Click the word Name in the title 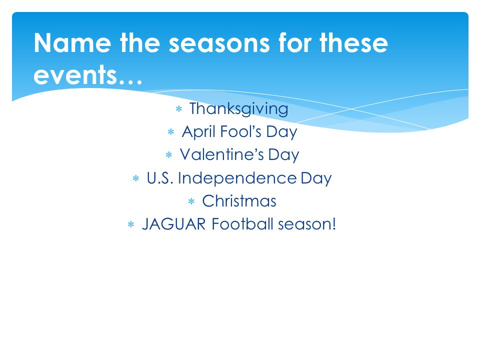click(x=72, y=43)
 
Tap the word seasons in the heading click(x=219, y=43)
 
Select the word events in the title click(x=75, y=74)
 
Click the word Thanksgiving click(x=239, y=109)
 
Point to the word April click(x=198, y=132)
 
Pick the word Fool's click(x=241, y=131)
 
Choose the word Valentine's click(x=222, y=154)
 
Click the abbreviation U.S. click(x=160, y=178)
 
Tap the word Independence click(x=237, y=178)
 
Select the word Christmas click(x=239, y=201)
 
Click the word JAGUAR click(x=174, y=224)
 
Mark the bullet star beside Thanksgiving click(x=179, y=108)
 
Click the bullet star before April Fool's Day click(x=171, y=132)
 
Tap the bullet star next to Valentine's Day click(x=168, y=155)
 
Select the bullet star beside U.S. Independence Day click(x=136, y=178)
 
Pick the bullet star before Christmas click(x=191, y=201)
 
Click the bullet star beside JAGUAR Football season click(x=130, y=224)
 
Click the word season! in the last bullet click(x=307, y=224)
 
